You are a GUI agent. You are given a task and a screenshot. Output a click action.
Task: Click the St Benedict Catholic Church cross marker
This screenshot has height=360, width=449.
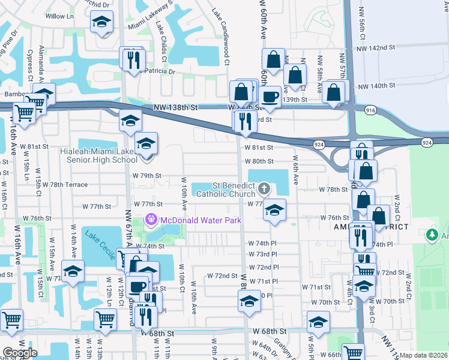(263, 190)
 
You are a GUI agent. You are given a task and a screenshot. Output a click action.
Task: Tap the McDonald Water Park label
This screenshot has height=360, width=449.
(200, 220)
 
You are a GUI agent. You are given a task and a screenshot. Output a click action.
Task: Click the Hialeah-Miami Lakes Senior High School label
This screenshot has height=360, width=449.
(98, 155)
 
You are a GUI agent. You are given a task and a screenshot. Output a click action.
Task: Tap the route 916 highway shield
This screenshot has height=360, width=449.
(370, 110)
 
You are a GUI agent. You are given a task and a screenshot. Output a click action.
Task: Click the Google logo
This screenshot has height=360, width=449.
(20, 353)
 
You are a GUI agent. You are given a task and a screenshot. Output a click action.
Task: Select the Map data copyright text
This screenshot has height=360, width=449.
(424, 355)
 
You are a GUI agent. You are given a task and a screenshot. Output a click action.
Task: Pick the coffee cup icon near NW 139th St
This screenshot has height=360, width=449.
(270, 96)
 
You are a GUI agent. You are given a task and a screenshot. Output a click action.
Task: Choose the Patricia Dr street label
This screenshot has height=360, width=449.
(158, 71)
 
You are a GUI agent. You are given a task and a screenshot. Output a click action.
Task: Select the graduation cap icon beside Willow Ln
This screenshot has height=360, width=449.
(101, 22)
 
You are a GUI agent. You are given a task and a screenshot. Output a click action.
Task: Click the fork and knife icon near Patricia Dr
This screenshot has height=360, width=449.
(133, 59)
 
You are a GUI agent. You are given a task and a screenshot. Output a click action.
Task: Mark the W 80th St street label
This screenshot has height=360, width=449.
(258, 161)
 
